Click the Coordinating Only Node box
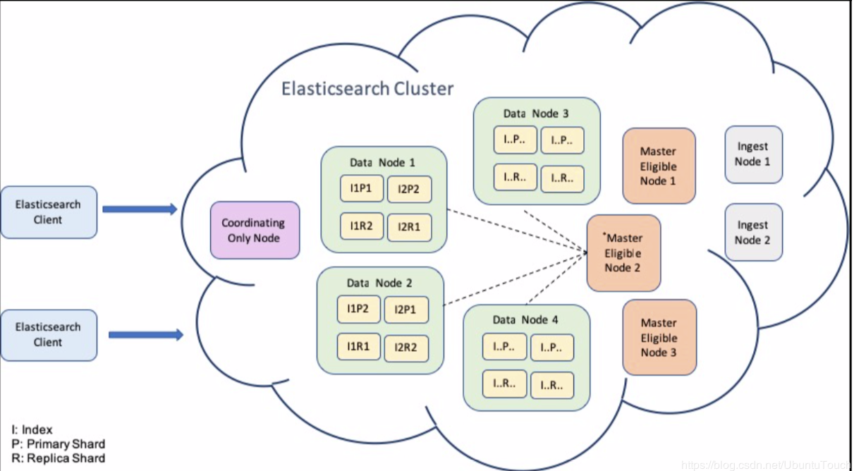[x=255, y=230]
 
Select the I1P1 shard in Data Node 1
[x=362, y=188]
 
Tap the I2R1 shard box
[x=410, y=228]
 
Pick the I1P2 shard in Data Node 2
[x=358, y=309]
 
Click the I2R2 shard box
[x=406, y=348]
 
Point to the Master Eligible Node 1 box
[x=659, y=166]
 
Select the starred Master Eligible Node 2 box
[x=623, y=253]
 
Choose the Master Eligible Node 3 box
[x=659, y=337]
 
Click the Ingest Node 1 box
[x=753, y=154]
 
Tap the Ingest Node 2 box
[x=753, y=232]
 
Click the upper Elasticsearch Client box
[x=49, y=212]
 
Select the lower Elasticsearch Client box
[x=49, y=336]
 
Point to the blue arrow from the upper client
[x=140, y=209]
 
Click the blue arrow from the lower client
[x=146, y=335]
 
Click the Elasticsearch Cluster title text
[x=367, y=89]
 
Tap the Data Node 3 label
[x=536, y=114]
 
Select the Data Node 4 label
[x=525, y=319]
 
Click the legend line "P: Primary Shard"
[x=59, y=444]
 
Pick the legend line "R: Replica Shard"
[x=59, y=458]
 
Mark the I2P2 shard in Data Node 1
[x=410, y=189]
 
